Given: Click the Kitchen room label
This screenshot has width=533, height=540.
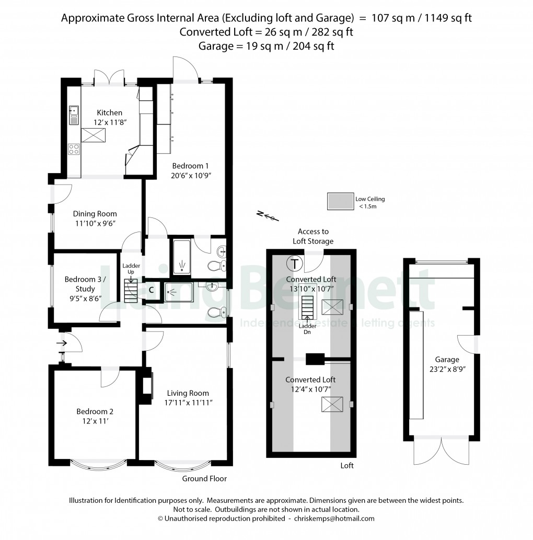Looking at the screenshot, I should tap(109, 112).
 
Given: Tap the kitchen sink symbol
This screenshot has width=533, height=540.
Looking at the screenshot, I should tap(74, 115).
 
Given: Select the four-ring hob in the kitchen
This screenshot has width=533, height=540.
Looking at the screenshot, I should tap(74, 149).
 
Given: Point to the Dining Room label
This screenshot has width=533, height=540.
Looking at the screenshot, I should tap(95, 213).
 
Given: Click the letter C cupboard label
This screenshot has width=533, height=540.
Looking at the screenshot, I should tap(151, 290).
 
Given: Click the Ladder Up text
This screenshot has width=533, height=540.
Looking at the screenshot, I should tap(131, 269).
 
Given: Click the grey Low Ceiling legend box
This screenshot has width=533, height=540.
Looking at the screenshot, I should tap(339, 202).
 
